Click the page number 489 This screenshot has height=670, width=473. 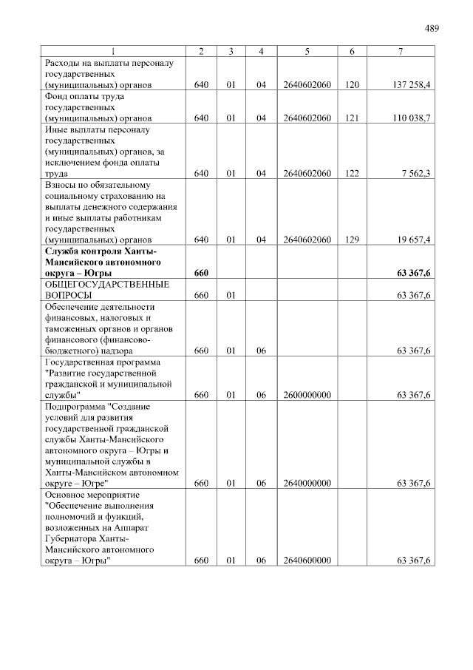click(x=432, y=29)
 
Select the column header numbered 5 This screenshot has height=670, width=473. click(x=307, y=51)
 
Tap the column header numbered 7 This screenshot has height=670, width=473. click(x=400, y=51)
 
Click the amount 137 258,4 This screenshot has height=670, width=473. click(x=412, y=86)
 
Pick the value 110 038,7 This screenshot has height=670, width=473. click(x=412, y=118)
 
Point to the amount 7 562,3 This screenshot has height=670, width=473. click(x=416, y=174)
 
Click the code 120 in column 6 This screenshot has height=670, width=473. click(x=352, y=86)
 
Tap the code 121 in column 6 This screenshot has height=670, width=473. click(x=352, y=118)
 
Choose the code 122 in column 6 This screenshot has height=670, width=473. click(x=352, y=174)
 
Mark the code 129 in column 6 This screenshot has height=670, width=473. click(x=352, y=240)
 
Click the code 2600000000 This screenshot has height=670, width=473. click(x=307, y=395)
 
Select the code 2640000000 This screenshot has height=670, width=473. click(x=307, y=484)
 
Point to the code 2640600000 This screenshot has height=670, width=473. click(x=307, y=561)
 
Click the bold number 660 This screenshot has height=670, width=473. click(x=201, y=274)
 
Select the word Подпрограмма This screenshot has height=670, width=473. click(x=74, y=406)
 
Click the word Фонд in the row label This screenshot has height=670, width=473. click(x=57, y=96)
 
